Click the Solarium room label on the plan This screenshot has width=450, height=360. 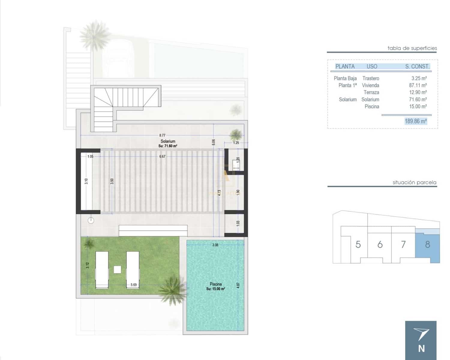coord(168,141)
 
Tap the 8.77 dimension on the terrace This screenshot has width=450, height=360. coord(162,135)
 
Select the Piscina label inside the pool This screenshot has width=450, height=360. coord(216,284)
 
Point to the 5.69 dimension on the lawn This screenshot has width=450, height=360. coord(133,285)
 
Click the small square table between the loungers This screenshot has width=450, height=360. coord(117,269)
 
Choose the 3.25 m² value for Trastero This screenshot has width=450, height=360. coord(419,78)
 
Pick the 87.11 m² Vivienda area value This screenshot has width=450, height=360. coord(418,85)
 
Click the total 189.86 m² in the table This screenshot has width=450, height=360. coord(415,121)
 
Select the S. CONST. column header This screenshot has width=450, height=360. coord(417,67)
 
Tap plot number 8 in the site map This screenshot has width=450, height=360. coord(427,244)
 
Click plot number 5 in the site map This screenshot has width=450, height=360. coord(358,244)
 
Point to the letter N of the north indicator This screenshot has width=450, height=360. coord(421,348)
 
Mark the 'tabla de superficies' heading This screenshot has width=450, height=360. coord(412,48)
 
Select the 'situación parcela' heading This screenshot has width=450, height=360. coord(414,182)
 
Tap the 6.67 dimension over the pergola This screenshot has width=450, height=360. coord(162,156)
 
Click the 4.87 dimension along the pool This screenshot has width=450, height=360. coord(238,285)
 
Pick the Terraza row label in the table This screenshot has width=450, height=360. coord(371,92)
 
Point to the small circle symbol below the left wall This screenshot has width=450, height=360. coord(91,220)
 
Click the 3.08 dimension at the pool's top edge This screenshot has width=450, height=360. coord(215,245)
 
